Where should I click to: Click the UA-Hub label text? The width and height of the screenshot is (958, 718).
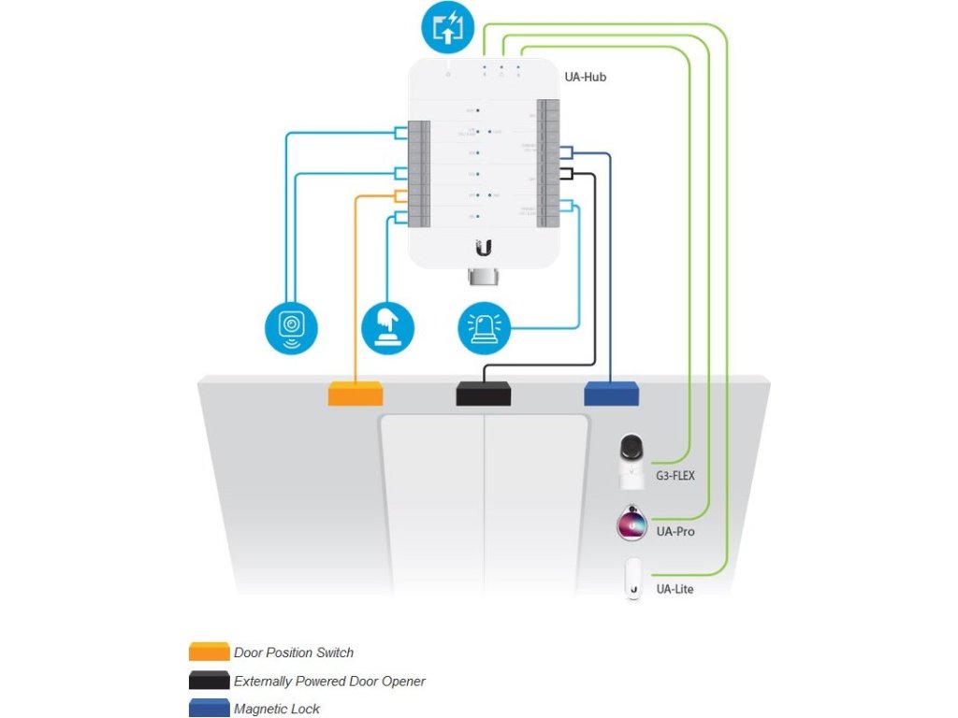586,77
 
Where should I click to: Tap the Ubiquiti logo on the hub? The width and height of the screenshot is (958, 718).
484,247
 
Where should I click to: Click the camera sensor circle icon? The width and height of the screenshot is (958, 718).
292,326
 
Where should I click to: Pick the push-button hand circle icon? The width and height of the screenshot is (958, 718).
387,327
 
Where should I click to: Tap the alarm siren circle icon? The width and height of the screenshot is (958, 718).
485,327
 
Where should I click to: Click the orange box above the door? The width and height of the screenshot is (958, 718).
356,393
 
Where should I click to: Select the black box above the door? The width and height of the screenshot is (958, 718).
484,393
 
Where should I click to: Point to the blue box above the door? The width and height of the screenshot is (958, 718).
612,393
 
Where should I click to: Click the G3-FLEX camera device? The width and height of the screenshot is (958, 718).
633,460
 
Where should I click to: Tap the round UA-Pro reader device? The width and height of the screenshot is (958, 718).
632,524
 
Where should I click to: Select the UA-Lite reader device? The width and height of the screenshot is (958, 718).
633,581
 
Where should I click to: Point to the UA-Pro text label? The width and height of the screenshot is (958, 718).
675,532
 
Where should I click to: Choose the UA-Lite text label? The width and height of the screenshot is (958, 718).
675,590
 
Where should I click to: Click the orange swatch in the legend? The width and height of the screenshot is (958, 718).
209,652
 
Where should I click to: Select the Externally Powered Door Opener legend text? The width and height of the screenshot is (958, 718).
329,682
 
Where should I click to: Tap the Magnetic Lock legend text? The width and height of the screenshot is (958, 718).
277,710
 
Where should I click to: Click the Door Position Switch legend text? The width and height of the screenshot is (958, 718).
294,653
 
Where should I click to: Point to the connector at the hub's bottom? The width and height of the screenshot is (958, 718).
484,279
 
